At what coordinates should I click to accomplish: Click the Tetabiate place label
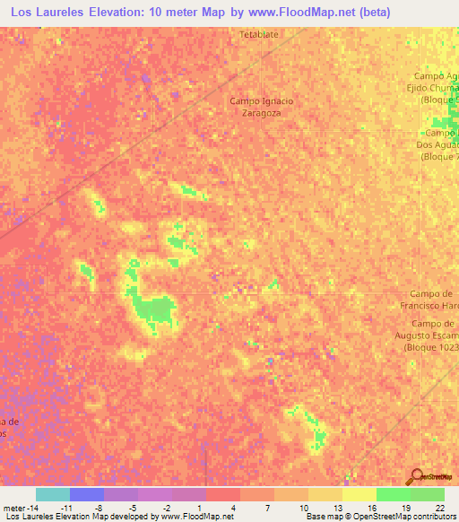coord(261,34)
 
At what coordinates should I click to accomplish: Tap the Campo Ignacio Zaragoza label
coord(262,107)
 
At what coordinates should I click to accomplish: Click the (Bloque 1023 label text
coord(435,346)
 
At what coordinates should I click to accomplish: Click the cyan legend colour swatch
coord(52,494)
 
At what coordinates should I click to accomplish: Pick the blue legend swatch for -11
coord(86,494)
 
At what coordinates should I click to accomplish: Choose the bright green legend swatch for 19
coord(393,494)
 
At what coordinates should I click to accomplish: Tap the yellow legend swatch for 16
coord(359,494)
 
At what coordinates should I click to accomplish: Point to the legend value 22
coord(439,508)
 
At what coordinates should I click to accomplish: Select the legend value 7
coord(268,508)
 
